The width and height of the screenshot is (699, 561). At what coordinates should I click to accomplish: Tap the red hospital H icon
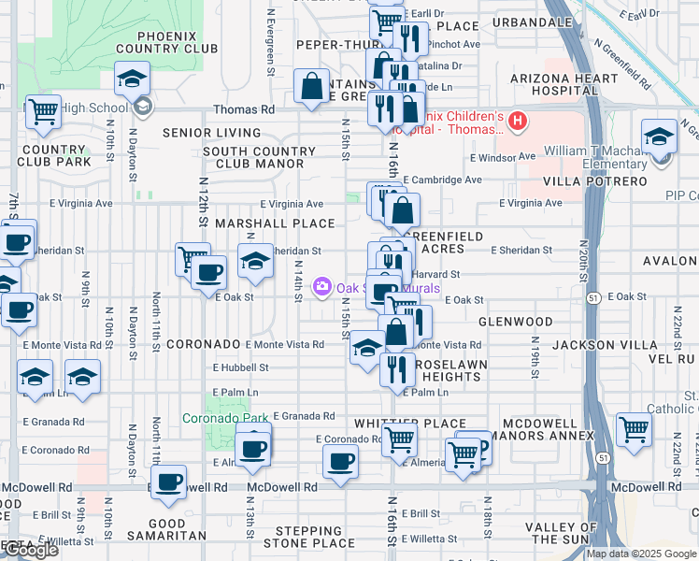516,122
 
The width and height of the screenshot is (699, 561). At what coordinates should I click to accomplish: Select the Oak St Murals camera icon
322,285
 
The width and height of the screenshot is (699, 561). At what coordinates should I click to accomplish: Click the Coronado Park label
225,418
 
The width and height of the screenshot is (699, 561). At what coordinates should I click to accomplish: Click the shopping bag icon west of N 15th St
311,87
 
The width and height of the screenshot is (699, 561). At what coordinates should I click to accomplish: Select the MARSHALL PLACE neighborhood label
275,223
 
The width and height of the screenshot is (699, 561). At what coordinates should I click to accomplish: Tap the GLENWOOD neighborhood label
516,322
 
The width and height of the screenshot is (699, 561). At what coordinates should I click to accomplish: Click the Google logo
30,551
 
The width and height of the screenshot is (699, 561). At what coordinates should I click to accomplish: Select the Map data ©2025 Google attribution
640,554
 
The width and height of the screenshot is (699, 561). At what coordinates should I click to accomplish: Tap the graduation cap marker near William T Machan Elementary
659,137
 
